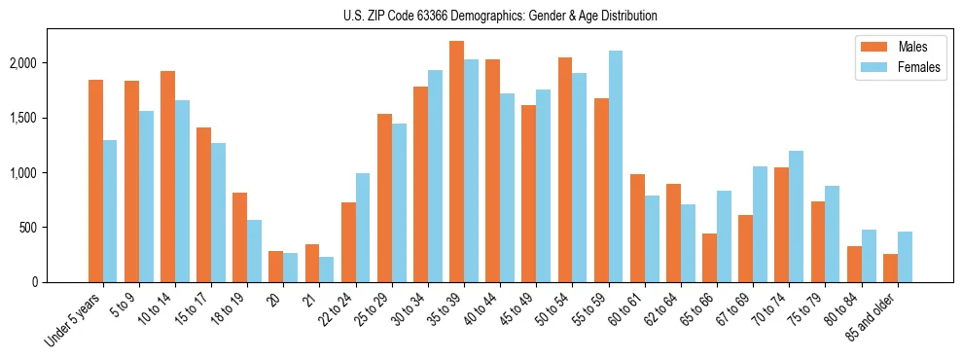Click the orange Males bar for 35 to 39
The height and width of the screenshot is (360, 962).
(x=456, y=162)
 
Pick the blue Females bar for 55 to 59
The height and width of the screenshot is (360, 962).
(x=615, y=166)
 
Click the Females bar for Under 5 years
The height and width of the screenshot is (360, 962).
(x=110, y=211)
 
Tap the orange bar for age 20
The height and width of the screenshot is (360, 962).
(x=275, y=267)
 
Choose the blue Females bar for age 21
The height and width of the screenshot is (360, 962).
(x=326, y=270)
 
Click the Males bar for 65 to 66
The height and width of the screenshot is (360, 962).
(x=709, y=258)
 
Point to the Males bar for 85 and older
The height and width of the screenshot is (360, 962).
(x=890, y=268)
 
